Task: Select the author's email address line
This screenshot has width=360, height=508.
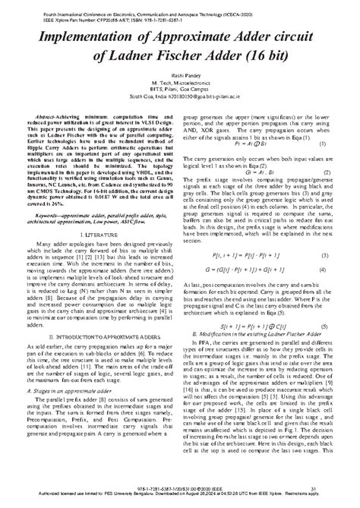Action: tap(180, 108)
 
